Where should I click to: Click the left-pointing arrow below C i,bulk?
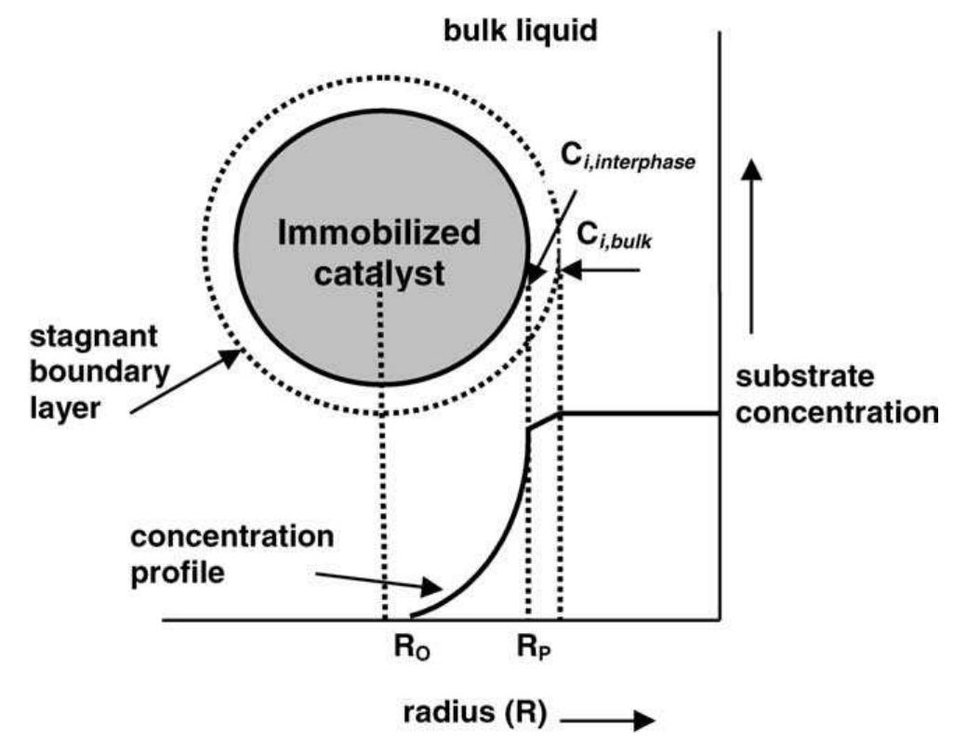coord(604,271)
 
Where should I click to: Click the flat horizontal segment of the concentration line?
coord(642,412)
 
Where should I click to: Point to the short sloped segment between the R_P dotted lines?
coord(543,420)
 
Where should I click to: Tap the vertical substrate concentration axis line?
coord(721,325)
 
